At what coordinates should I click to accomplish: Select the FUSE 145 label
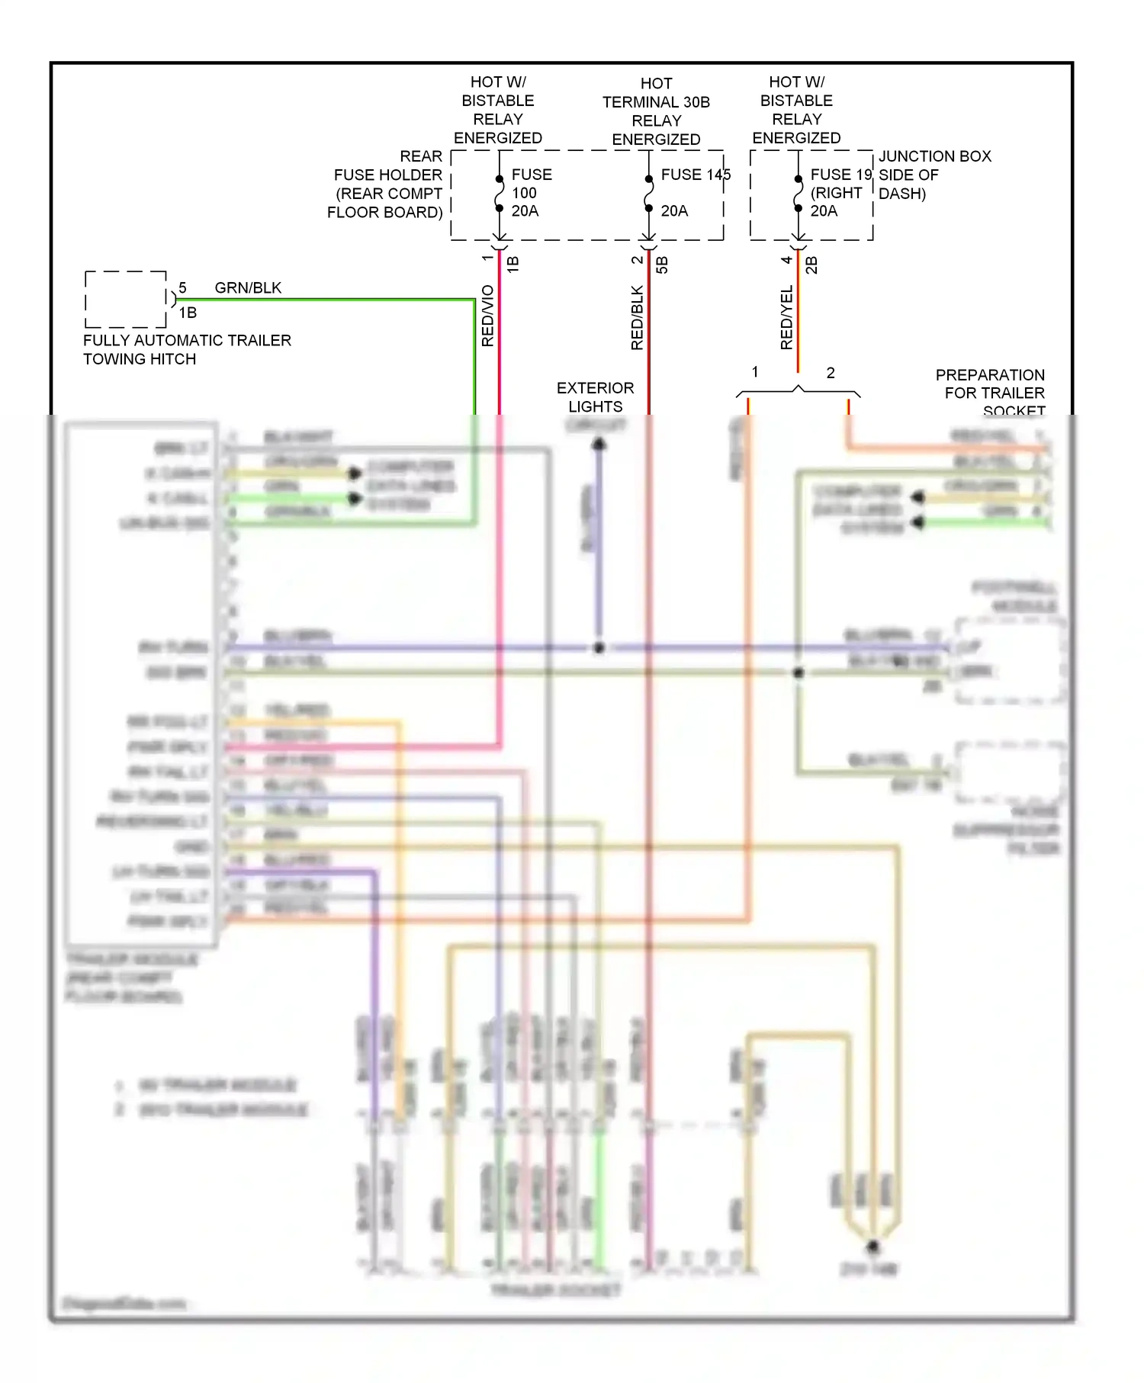click(695, 175)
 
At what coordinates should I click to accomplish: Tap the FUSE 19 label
click(840, 175)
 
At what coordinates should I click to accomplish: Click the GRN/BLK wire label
click(248, 287)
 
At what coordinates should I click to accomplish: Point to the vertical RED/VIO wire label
click(488, 316)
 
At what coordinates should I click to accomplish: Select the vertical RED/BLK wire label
click(638, 317)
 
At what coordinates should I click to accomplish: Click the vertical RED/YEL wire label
click(787, 317)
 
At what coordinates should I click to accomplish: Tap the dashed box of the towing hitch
click(126, 299)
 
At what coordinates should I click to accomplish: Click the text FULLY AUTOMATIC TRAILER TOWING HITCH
click(187, 349)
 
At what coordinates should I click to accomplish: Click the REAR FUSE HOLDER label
click(386, 184)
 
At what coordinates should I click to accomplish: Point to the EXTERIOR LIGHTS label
click(595, 397)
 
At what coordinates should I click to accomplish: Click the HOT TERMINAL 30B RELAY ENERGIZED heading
click(656, 111)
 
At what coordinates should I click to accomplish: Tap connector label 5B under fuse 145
click(662, 265)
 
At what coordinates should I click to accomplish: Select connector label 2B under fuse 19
click(811, 265)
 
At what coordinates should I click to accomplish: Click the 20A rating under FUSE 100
click(525, 211)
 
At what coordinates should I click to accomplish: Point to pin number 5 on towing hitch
click(182, 287)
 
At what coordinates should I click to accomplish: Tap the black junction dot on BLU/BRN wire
click(599, 648)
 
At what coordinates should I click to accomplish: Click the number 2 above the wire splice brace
click(831, 373)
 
